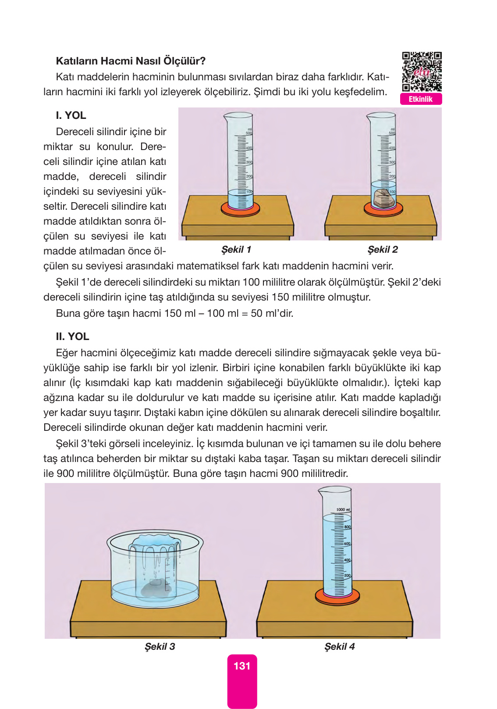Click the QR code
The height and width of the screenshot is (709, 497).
coord(422,72)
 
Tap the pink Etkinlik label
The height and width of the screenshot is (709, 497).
coord(421,99)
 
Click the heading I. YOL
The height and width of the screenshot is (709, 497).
coord(71,115)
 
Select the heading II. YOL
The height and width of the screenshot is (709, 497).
coord(73,337)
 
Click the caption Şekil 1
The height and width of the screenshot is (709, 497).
coord(236,250)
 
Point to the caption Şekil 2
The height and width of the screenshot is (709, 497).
coord(383,250)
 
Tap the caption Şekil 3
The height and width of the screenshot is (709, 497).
coord(160,647)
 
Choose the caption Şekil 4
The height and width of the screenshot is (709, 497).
coord(340,647)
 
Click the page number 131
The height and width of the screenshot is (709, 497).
coord(242,666)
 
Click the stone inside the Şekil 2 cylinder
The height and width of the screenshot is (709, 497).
coord(384,199)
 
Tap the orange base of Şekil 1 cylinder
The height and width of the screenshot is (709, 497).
coord(240,210)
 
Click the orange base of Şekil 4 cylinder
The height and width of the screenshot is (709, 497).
coord(337,597)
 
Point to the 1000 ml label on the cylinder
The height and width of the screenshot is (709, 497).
coord(343,510)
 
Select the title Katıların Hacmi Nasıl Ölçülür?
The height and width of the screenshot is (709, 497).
coord(131,61)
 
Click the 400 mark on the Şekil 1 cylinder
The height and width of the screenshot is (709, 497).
coord(249,148)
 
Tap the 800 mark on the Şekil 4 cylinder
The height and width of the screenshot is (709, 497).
coord(348,527)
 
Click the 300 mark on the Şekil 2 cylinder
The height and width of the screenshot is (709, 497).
coord(392,162)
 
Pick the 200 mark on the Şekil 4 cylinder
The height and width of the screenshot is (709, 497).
coord(348,576)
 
